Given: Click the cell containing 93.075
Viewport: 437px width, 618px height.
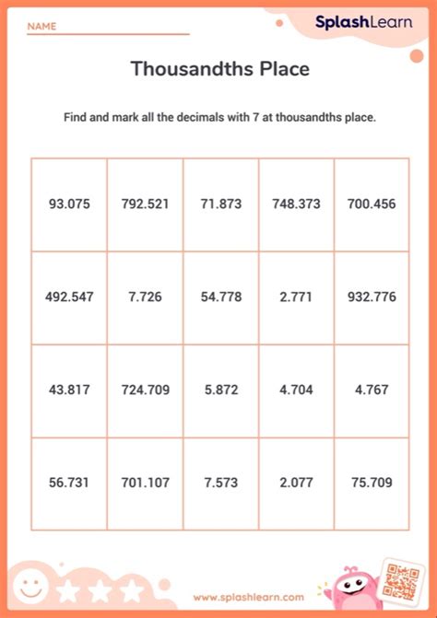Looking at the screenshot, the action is point(69,204).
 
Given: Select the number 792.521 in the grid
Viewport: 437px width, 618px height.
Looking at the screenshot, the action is point(145,204).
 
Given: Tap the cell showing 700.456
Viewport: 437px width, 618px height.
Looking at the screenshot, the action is point(372,204).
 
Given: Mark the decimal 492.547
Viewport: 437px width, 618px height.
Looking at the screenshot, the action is point(69,297).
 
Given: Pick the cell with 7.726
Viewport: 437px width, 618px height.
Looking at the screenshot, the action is point(145,297).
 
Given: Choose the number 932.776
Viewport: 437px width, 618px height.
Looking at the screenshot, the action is point(372,297).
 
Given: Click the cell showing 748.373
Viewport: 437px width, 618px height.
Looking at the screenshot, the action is point(296,204).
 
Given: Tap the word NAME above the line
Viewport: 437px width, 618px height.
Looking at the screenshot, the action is point(41,27).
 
